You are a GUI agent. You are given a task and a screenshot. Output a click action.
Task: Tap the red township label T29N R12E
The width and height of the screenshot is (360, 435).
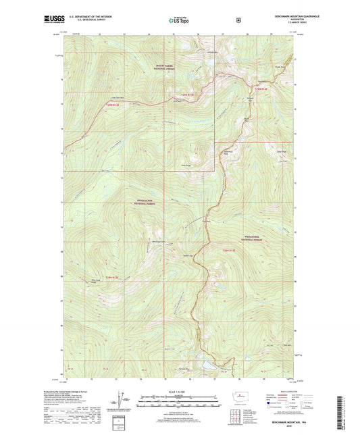pos(115,104)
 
